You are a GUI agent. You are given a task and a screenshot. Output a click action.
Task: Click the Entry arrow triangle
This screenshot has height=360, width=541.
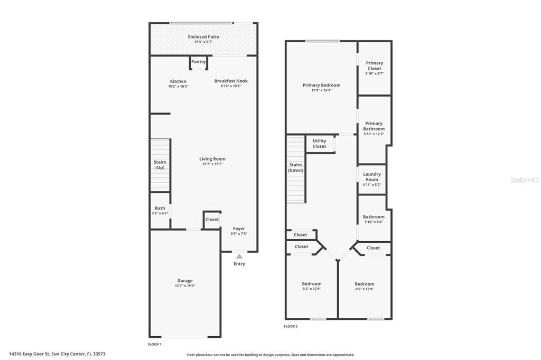click(239, 256)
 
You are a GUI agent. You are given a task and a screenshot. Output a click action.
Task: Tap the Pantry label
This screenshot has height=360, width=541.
click(199, 62)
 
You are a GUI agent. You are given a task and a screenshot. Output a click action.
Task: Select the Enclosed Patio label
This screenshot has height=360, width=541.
click(203, 36)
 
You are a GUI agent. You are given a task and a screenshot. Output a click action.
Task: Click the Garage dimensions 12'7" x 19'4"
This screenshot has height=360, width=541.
click(185, 286)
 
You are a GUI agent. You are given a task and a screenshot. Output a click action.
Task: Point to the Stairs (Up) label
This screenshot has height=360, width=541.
click(160, 165)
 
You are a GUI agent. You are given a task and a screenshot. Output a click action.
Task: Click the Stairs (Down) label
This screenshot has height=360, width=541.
click(296, 168)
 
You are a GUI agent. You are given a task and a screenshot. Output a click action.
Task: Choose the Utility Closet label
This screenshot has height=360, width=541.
click(320, 144)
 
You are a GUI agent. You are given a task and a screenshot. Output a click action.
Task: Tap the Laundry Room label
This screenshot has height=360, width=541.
click(372, 177)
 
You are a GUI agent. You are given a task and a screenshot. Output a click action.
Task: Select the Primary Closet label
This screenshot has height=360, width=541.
click(375, 65)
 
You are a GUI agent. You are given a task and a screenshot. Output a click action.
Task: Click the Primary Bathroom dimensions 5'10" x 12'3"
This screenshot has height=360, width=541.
click(374, 134)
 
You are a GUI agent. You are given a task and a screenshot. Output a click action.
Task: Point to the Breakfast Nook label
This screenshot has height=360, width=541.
click(231, 81)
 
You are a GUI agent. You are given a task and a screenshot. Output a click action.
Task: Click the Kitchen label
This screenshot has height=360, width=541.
click(178, 81)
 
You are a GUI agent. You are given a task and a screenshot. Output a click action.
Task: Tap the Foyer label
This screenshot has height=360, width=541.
click(238, 229)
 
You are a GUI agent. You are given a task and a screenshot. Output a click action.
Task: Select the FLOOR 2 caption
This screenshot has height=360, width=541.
click(291, 327)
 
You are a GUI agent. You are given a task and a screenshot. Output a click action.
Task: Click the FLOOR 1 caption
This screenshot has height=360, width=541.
click(154, 344)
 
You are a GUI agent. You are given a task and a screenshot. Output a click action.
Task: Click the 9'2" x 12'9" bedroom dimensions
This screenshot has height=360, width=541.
click(312, 289)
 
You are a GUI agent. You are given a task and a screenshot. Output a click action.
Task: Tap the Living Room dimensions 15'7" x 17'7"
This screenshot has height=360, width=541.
click(212, 164)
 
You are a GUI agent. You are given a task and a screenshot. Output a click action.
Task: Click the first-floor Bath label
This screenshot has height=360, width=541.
click(160, 208)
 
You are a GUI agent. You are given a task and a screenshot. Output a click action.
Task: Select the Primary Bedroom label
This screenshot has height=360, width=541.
click(321, 85)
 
